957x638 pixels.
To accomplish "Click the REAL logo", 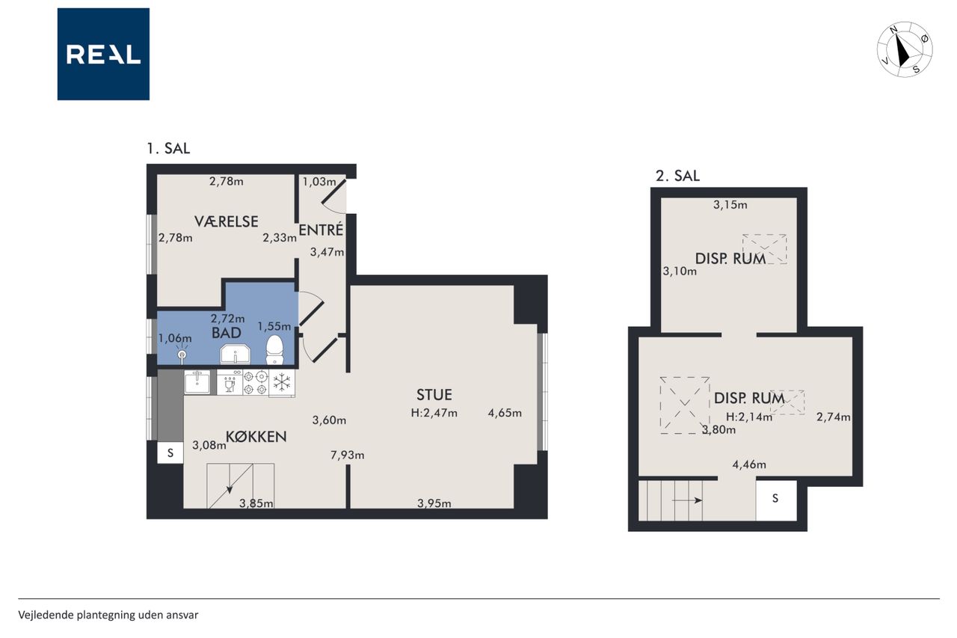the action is pos(103,55).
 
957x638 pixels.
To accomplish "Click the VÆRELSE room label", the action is pos(227,221).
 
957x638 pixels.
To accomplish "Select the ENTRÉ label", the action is pos(321,230).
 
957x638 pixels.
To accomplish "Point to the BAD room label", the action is pos(227,333).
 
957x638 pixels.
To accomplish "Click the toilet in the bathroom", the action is pos(274,349).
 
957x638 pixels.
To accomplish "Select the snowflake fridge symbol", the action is pos(282,382).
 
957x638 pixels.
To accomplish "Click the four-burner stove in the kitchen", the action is pos(256,382).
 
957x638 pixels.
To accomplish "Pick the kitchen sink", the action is pos(197,381).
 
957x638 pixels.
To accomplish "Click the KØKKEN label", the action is pos(256,436).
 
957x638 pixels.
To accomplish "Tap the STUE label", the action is pos(434,394).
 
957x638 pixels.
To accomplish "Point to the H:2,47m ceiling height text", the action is pos(434,413).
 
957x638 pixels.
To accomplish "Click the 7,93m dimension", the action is pos(348,455).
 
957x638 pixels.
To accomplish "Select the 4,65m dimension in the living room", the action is pos(505,413).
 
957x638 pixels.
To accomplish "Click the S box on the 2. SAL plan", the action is pos(776,499).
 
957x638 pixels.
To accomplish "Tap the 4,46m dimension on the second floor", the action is pos(749,464).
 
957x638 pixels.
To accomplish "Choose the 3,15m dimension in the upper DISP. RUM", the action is pos(730,205).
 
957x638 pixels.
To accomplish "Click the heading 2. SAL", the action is pos(677,176).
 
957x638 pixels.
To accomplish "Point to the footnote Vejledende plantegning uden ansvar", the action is pos(108,615).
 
